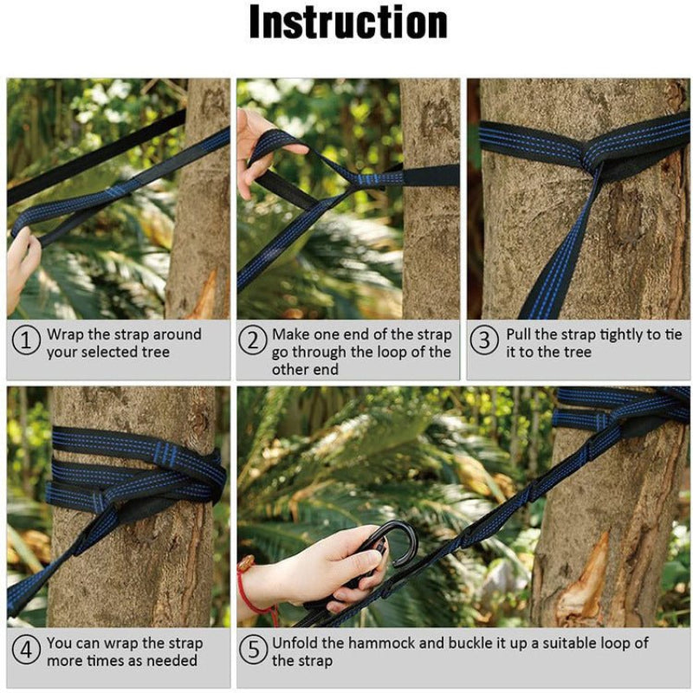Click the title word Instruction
tap(348, 24)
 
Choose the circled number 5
tap(252, 651)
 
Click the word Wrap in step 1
tap(66, 334)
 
